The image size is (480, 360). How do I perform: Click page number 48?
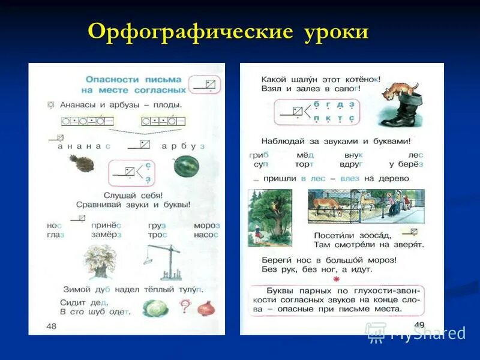52,325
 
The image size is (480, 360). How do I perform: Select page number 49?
419,325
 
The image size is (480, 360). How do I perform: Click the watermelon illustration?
185,166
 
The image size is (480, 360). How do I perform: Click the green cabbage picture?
154,308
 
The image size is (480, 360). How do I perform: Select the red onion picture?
206,308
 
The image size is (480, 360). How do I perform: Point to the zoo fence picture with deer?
365,206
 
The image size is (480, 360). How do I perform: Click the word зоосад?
379,235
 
